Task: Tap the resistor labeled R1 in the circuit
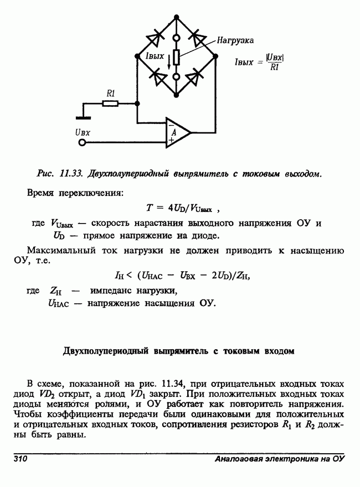pyautogui.click(x=111, y=103)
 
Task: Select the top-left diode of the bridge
pyautogui.click(x=155, y=37)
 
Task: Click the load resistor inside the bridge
pyautogui.click(x=176, y=56)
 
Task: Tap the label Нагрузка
pyautogui.click(x=235, y=41)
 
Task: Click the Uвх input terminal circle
pyautogui.click(x=83, y=143)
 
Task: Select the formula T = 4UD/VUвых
pyautogui.click(x=183, y=209)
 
